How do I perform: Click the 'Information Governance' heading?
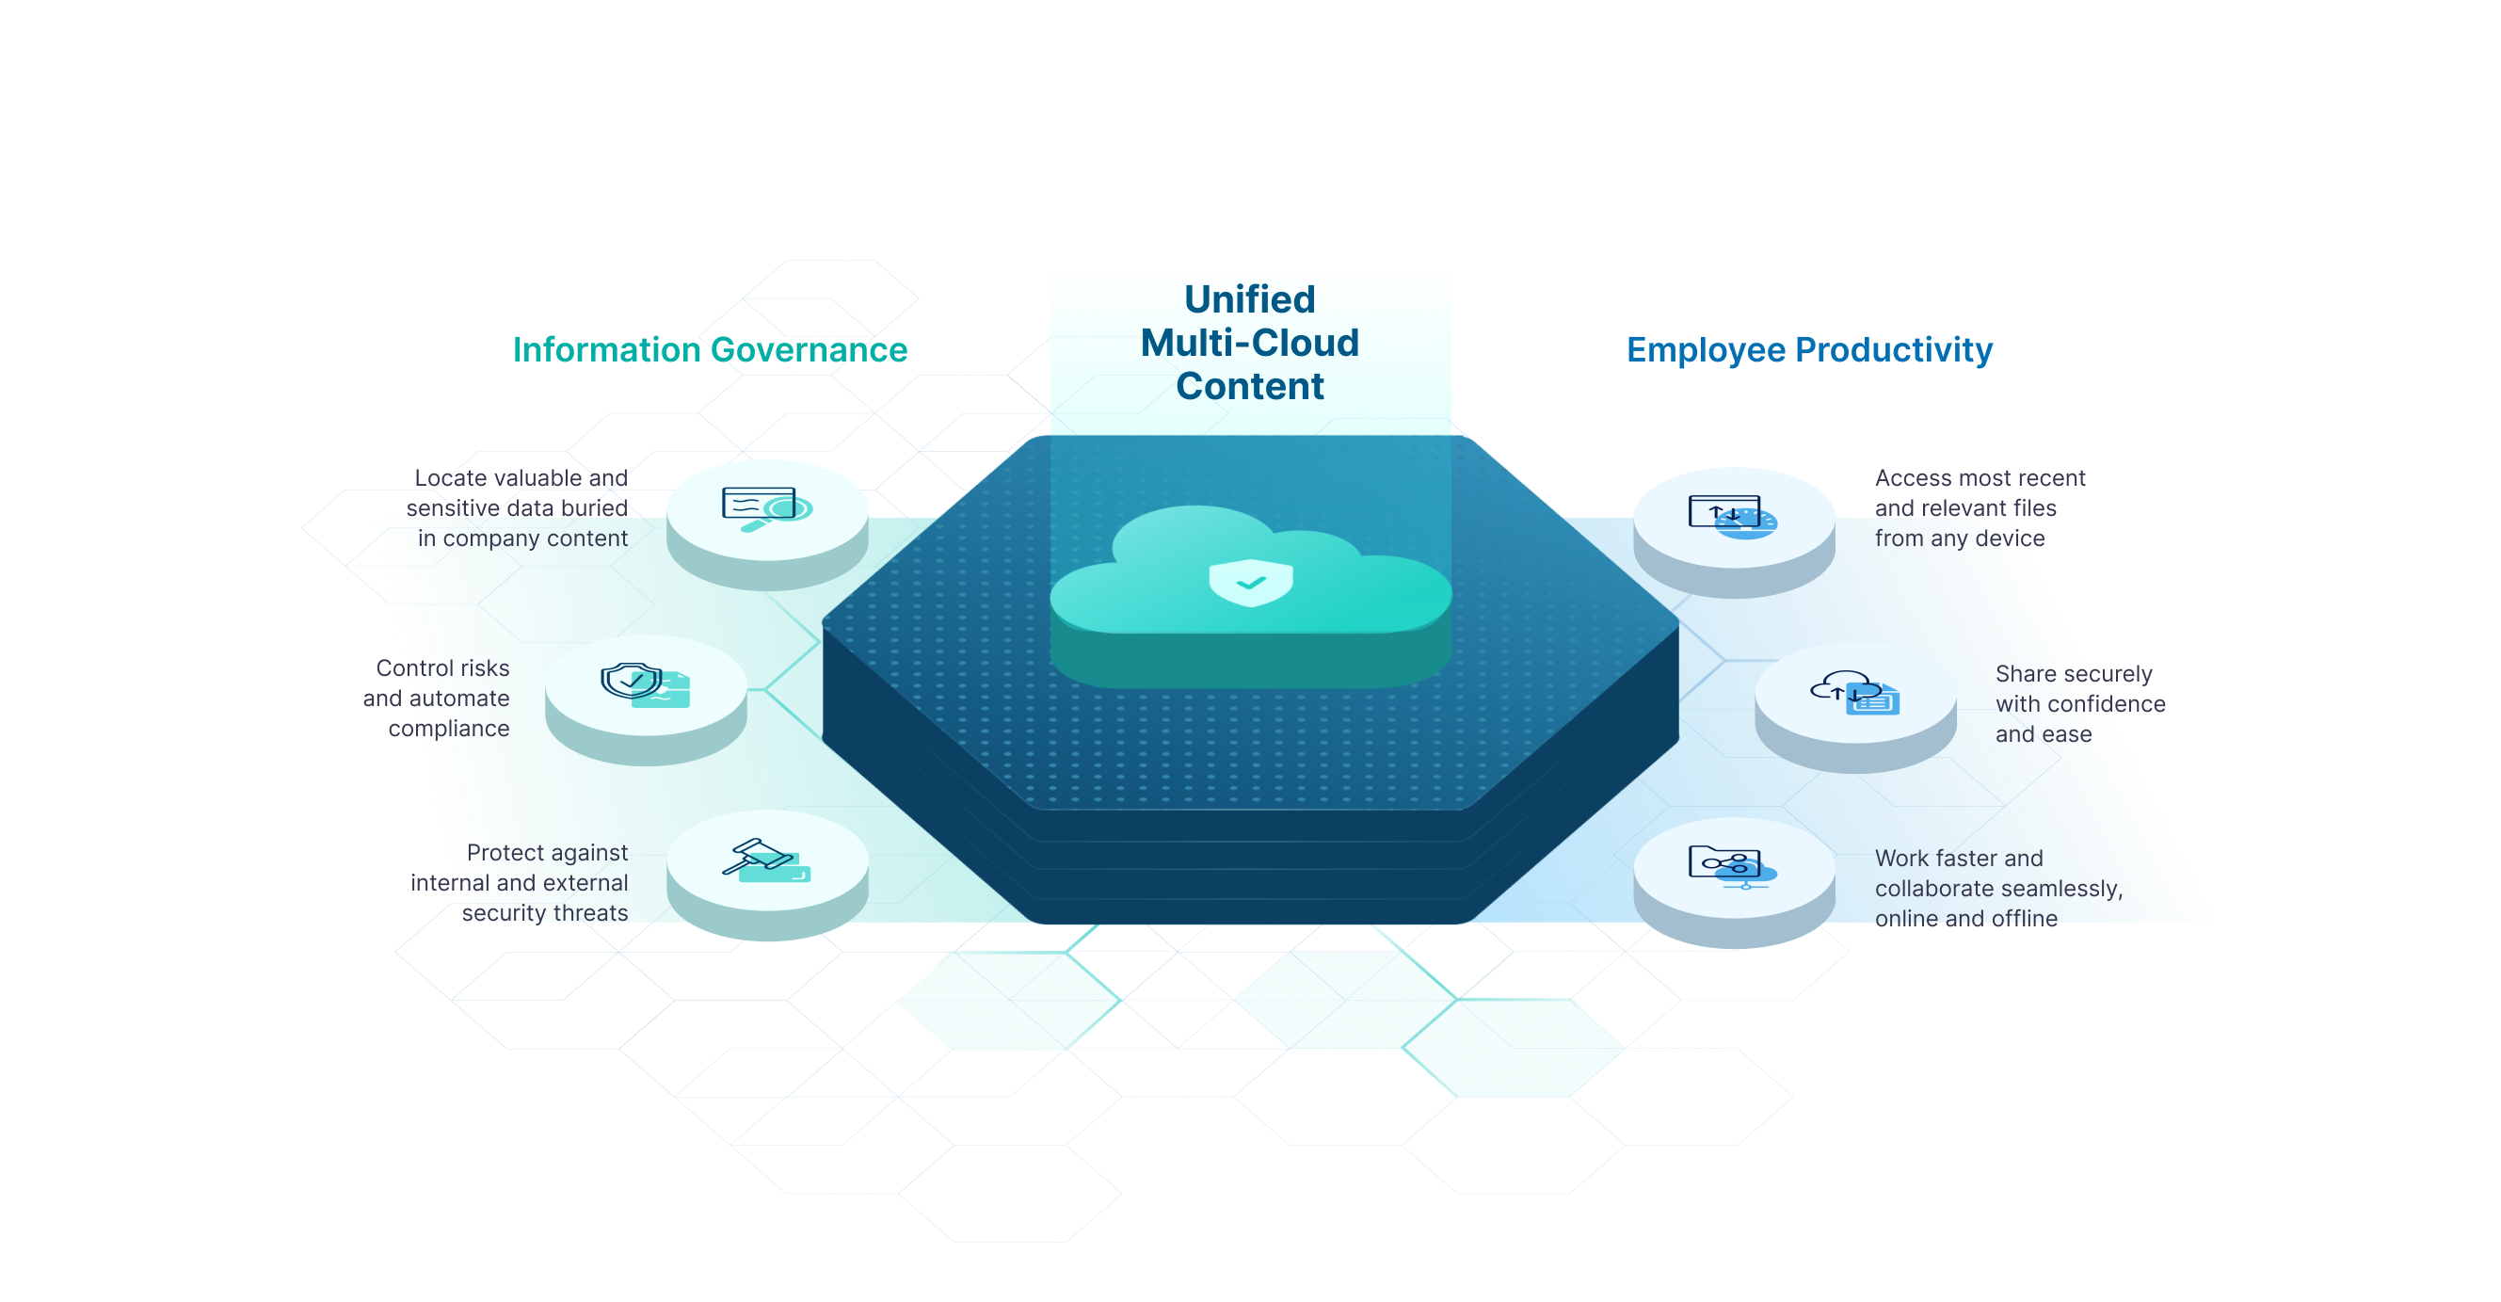tap(710, 350)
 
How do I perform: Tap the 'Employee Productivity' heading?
tap(1809, 350)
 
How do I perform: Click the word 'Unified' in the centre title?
tap(1249, 299)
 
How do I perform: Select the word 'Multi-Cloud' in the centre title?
tap(1249, 343)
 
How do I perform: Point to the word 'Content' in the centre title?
tap(1249, 386)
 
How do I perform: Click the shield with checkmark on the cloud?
tap(1250, 582)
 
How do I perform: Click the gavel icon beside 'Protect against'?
tap(767, 860)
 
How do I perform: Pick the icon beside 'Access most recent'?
tap(1733, 517)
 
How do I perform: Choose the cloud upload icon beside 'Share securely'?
tap(1855, 692)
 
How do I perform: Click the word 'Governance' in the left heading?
tap(810, 350)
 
